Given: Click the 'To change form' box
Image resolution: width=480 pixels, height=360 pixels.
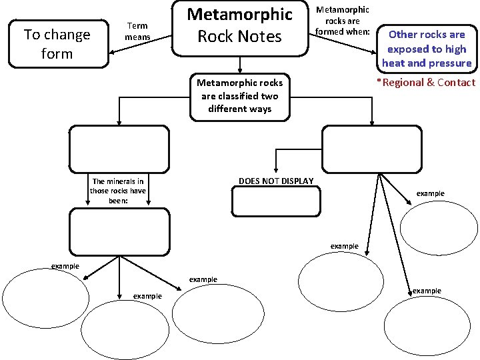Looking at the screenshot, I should [x=57, y=44].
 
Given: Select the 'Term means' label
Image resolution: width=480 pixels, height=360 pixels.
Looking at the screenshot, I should [x=138, y=31].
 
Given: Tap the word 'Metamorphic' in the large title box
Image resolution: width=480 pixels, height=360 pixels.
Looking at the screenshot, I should [x=240, y=14].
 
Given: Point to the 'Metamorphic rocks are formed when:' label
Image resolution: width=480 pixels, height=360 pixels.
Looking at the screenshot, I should [x=342, y=21].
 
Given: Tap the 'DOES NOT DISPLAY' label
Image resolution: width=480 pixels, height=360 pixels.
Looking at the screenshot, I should [x=276, y=181].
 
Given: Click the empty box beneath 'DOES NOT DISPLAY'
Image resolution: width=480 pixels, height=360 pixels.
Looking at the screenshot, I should [x=276, y=202].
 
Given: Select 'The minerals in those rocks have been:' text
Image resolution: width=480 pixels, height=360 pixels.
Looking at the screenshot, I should [x=118, y=191].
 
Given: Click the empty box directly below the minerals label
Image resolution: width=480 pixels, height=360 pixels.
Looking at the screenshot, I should [x=119, y=231].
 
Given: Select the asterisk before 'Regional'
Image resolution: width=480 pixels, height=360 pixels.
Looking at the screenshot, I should [x=379, y=82].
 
